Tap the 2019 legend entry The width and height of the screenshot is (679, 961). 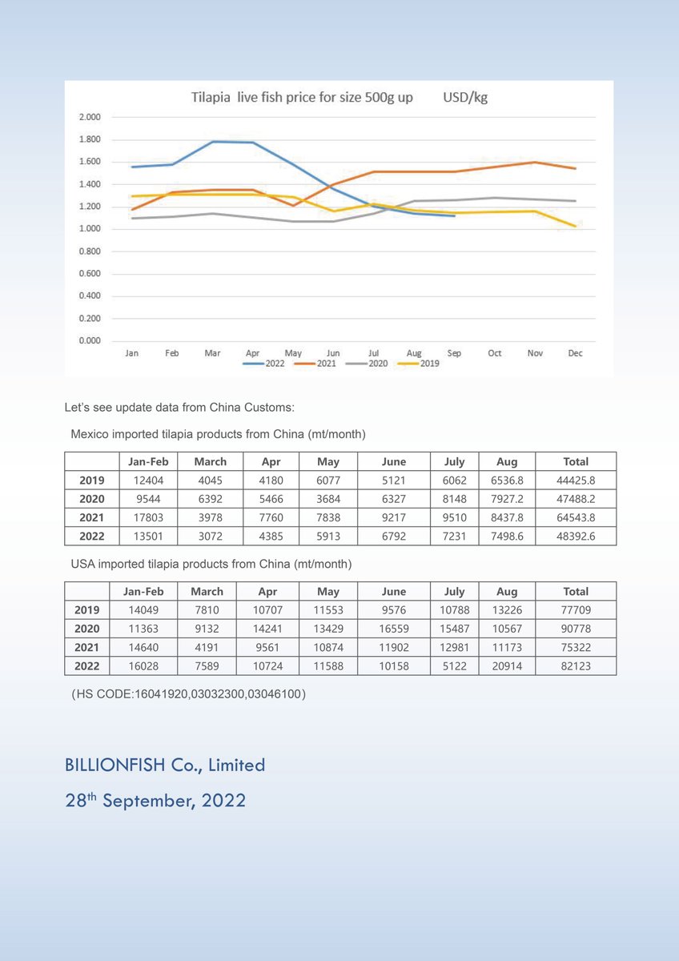click(x=429, y=363)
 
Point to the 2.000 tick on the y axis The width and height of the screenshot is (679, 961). click(x=90, y=117)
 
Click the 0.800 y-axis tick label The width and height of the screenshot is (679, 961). click(x=90, y=251)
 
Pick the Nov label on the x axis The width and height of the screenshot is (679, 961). click(x=534, y=352)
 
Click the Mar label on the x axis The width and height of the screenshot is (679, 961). click(x=212, y=352)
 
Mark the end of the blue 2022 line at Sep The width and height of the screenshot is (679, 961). click(x=455, y=215)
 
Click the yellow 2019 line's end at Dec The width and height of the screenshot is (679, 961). click(x=575, y=227)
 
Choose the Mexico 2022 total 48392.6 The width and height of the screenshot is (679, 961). click(x=576, y=536)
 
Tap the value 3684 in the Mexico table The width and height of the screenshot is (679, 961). click(x=328, y=499)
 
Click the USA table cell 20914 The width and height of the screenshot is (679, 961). click(x=507, y=665)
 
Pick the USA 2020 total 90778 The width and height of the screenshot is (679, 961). click(x=576, y=629)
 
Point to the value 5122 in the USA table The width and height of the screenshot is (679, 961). click(x=454, y=665)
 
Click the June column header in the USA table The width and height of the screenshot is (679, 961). click(x=394, y=592)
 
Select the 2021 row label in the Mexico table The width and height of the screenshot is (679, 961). click(x=92, y=517)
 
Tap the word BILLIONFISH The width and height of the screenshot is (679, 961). click(x=115, y=765)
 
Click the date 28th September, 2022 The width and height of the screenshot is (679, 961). click(x=155, y=800)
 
